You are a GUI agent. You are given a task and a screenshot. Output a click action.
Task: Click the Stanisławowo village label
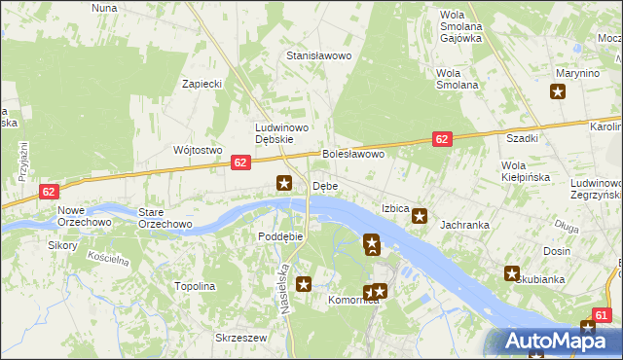[x=317, y=55]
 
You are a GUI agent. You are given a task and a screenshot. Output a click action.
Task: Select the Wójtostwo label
[x=198, y=150]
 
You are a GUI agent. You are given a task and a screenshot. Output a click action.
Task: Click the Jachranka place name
[x=464, y=225]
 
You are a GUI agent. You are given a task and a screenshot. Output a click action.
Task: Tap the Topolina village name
[x=194, y=287]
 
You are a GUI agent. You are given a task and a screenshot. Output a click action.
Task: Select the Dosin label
[x=557, y=251]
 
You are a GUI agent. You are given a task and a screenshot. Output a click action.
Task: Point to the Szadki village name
[x=521, y=139]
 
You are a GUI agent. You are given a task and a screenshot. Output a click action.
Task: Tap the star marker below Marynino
[x=558, y=92]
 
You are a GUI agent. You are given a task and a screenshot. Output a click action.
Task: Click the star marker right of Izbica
[x=420, y=216]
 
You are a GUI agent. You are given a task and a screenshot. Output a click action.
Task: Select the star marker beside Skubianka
[x=512, y=274]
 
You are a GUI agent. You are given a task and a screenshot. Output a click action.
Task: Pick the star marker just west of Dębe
[x=284, y=182]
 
